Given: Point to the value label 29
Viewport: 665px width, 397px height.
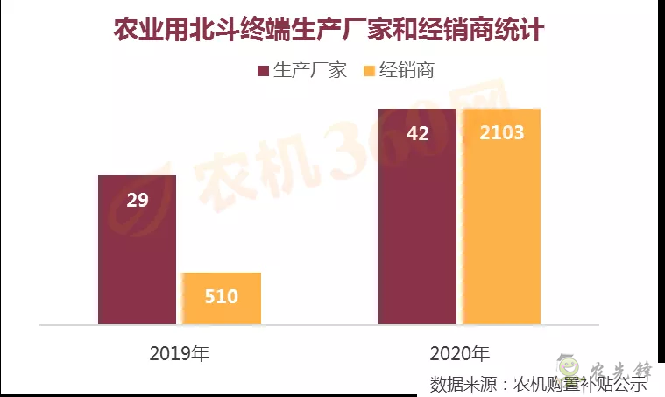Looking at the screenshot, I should [138, 200].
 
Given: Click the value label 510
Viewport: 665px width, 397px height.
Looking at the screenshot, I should [222, 296].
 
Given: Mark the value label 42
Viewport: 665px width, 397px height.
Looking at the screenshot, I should [418, 133].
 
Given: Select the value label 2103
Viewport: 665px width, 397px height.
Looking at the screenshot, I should [502, 133].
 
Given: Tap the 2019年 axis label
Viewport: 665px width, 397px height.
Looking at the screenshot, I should [179, 354].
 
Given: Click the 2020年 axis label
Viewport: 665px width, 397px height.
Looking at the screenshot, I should [459, 354].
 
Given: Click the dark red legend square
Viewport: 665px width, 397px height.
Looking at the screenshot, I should [263, 71].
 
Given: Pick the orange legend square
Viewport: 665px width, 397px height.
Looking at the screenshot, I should [369, 71].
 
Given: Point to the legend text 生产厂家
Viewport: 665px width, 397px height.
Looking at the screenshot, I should [310, 71].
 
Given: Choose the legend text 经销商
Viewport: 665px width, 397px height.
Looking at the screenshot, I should [407, 71].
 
